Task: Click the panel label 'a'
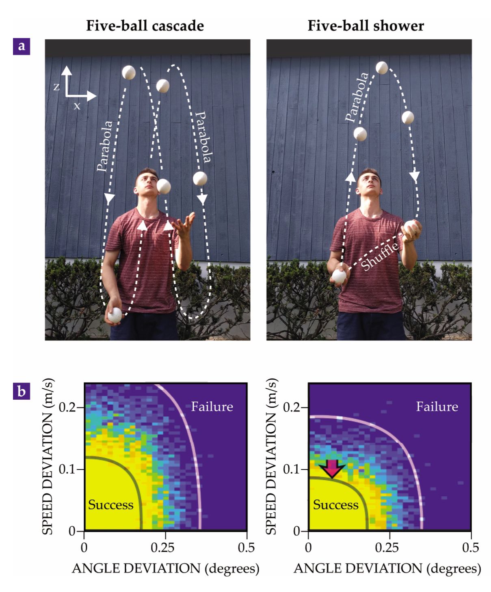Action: click(21, 47)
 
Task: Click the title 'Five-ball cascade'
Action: click(145, 26)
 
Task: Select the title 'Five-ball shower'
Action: click(366, 26)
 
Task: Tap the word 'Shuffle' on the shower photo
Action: click(380, 256)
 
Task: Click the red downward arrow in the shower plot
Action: click(332, 468)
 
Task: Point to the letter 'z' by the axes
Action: click(56, 87)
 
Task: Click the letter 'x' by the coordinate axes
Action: click(77, 106)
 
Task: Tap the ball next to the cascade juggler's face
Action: click(164, 186)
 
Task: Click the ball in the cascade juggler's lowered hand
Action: click(115, 315)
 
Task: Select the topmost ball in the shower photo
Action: click(382, 68)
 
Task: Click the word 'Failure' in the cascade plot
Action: click(212, 407)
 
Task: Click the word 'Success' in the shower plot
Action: click(335, 505)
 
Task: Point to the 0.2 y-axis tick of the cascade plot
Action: click(80, 407)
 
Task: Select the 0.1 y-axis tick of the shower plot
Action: click(305, 469)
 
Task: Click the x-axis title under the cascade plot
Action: click(165, 569)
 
